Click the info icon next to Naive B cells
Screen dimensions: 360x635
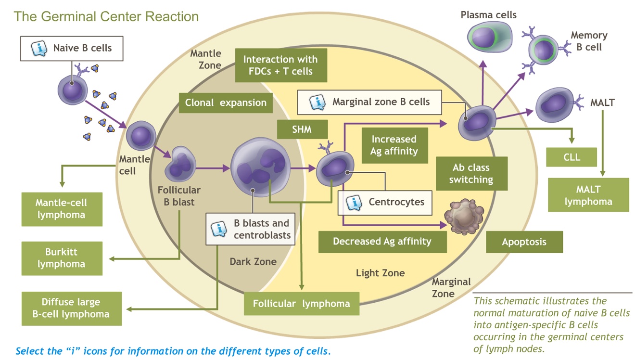pyautogui.click(x=39, y=49)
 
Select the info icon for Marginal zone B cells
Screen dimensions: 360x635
pyautogui.click(x=317, y=102)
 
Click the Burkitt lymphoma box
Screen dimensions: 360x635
pyautogui.click(x=62, y=258)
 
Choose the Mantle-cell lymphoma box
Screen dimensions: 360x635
pyautogui.click(x=62, y=209)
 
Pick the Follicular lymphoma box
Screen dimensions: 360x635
pyautogui.click(x=301, y=304)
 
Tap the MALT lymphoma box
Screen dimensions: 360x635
pyautogui.click(x=588, y=195)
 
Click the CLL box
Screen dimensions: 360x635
pyautogui.click(x=571, y=157)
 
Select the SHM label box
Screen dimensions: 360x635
pyautogui.click(x=302, y=129)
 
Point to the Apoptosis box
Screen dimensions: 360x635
pyautogui.click(x=524, y=242)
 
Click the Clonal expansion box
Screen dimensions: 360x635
pyautogui.click(x=226, y=103)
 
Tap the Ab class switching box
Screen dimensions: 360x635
pyautogui.click(x=471, y=174)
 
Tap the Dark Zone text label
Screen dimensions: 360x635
pyautogui.click(x=253, y=262)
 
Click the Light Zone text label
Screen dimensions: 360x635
pyautogui.click(x=380, y=273)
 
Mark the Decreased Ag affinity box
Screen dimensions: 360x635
pyautogui.click(x=382, y=242)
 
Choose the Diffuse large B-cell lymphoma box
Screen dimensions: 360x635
pyautogui.click(x=71, y=308)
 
